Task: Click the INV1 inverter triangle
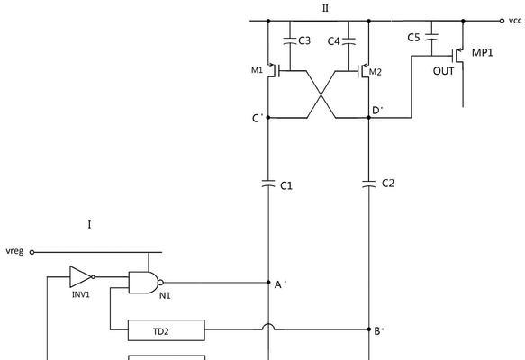[x=80, y=276]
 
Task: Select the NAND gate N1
[x=145, y=283]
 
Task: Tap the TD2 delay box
[x=167, y=330]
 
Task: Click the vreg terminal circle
[x=32, y=252]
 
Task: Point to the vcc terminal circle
[x=502, y=21]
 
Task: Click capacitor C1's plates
[x=268, y=184]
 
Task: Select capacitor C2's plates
[x=369, y=184]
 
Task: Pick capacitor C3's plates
[x=290, y=40]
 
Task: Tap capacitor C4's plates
[x=348, y=40]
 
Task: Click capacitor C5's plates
[x=431, y=37]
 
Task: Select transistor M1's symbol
[x=273, y=70]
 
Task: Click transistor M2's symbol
[x=363, y=70]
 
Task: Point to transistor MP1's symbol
[x=458, y=56]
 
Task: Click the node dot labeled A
[x=268, y=283]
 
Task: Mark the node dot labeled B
[x=369, y=329]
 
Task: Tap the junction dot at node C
[x=268, y=117]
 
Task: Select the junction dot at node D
[x=369, y=117]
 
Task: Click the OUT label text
[x=444, y=71]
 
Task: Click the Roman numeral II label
[x=325, y=8]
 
